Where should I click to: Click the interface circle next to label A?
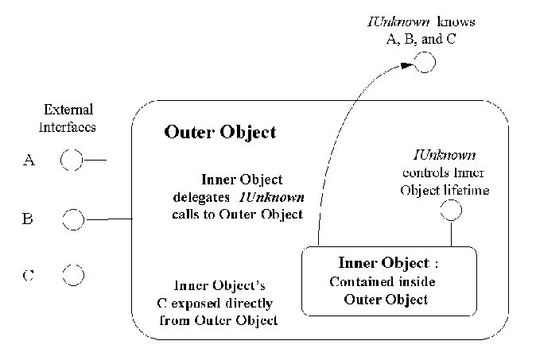click(x=71, y=161)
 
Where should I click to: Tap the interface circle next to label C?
click(x=72, y=275)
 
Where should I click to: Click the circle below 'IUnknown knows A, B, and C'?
click(x=425, y=62)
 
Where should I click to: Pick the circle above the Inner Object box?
click(x=451, y=211)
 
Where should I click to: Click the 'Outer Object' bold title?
click(x=219, y=132)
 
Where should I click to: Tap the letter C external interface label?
click(x=28, y=276)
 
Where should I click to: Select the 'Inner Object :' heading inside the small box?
click(x=386, y=262)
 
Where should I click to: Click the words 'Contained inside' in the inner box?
click(x=386, y=281)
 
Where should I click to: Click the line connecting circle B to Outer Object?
click(x=107, y=219)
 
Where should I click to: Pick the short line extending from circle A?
click(x=94, y=161)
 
